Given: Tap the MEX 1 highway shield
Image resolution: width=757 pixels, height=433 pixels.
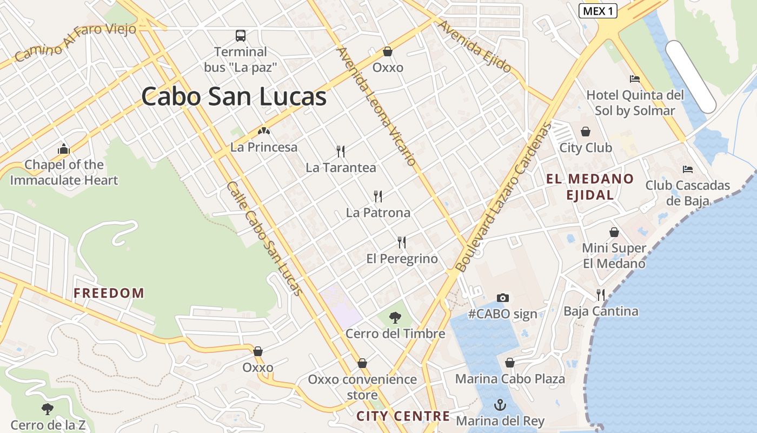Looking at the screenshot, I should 598,11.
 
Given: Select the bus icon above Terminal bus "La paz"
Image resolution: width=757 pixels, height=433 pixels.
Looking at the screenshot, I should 241,36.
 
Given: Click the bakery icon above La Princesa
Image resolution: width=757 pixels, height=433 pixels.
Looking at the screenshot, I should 263,131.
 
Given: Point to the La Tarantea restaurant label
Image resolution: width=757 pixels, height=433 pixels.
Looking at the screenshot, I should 341,168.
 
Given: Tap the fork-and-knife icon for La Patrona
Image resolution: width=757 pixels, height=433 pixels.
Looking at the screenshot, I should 378,196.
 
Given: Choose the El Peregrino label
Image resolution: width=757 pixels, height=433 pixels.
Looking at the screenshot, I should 402,259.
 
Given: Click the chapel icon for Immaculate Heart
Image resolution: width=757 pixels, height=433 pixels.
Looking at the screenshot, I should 64,149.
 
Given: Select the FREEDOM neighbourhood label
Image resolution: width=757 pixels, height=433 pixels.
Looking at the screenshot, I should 109,293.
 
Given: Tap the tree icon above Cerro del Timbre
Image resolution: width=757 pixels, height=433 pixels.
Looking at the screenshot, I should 395,317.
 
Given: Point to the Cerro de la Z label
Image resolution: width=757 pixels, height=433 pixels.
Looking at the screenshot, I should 48,425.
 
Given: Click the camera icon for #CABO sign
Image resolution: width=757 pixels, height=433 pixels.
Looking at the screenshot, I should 503,298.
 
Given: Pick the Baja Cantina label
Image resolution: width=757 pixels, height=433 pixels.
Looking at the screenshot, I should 601,311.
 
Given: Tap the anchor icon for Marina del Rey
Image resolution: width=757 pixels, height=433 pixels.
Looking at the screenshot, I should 500,404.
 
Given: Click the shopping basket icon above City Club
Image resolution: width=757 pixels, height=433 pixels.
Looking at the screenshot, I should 586,132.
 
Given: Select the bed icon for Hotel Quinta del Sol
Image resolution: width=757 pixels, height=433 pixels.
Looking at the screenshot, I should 635,79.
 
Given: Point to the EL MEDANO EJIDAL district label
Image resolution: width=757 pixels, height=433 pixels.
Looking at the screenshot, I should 590,187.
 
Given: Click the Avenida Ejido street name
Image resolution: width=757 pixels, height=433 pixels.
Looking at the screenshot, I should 475,47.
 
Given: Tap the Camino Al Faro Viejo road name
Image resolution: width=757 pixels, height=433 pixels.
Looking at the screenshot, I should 75,42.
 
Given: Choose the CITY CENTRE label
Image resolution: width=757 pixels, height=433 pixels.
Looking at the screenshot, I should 403,416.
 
